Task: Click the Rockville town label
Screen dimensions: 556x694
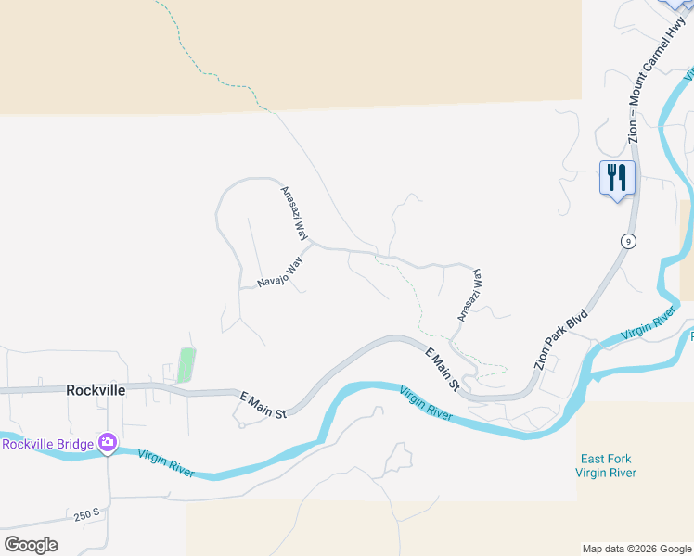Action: click(96, 390)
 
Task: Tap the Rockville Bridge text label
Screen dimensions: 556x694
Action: click(47, 444)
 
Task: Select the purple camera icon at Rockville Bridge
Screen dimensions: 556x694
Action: click(109, 444)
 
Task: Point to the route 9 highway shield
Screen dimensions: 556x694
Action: click(629, 242)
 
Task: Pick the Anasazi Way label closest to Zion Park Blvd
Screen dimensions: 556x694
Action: click(469, 296)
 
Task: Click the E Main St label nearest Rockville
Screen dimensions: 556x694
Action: click(263, 405)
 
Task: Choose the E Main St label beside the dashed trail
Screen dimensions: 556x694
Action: click(443, 368)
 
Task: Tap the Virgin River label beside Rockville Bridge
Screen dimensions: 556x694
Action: click(166, 462)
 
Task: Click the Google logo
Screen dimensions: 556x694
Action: click(31, 544)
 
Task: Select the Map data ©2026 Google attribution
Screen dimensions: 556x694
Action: click(636, 549)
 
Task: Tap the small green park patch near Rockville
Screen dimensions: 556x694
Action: click(186, 365)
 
